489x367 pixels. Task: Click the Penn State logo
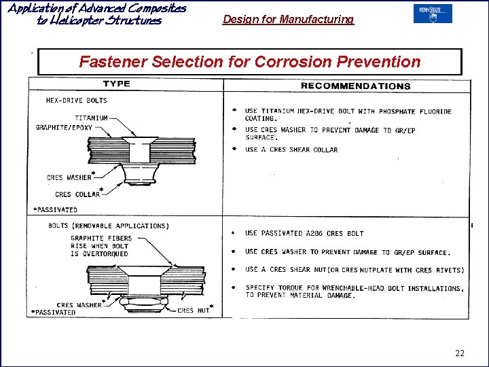pos(432,14)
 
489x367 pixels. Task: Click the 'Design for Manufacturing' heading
pos(288,20)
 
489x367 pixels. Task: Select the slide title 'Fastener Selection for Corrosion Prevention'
pos(250,62)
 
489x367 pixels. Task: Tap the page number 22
pos(460,353)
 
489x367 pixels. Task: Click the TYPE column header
pos(116,84)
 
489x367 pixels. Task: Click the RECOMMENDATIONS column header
pos(355,86)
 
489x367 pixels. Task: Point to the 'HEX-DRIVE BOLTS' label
pos(76,100)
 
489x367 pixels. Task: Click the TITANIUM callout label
pos(91,118)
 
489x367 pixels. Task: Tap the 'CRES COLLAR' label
pos(77,194)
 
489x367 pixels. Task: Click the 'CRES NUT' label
pos(193,311)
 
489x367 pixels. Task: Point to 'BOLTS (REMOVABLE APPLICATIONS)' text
pos(107,226)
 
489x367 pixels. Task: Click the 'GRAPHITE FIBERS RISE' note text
pos(101,246)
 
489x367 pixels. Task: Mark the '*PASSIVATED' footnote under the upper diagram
pos(55,210)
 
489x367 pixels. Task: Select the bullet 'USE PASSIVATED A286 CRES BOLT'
pos(304,234)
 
